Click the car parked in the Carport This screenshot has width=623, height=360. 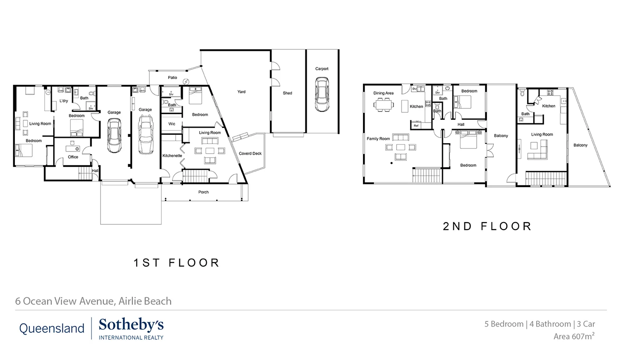tap(322, 95)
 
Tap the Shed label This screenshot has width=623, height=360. tap(287, 93)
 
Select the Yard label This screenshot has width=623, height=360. tap(242, 92)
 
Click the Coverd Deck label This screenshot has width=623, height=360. tap(250, 154)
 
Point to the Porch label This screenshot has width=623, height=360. tap(203, 192)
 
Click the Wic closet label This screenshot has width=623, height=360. tap(172, 124)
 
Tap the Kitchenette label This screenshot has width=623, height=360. tap(172, 156)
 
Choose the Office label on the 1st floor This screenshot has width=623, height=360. tap(73, 157)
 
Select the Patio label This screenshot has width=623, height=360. tap(172, 78)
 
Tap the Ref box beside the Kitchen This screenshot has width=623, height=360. tap(416, 126)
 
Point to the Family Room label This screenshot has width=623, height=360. tap(378, 139)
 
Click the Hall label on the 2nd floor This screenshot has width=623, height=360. tap(461, 125)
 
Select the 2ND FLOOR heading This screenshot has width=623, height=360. tap(487, 227)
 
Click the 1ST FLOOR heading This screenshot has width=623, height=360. tap(177, 263)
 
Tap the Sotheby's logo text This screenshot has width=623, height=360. tap(131, 326)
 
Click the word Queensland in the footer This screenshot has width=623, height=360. tap(51, 328)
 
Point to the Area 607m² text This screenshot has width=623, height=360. tap(574, 337)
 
